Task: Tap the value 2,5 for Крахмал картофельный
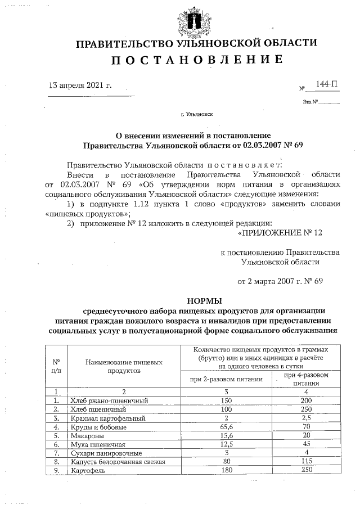point(305,418)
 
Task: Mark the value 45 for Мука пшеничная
point(305,444)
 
